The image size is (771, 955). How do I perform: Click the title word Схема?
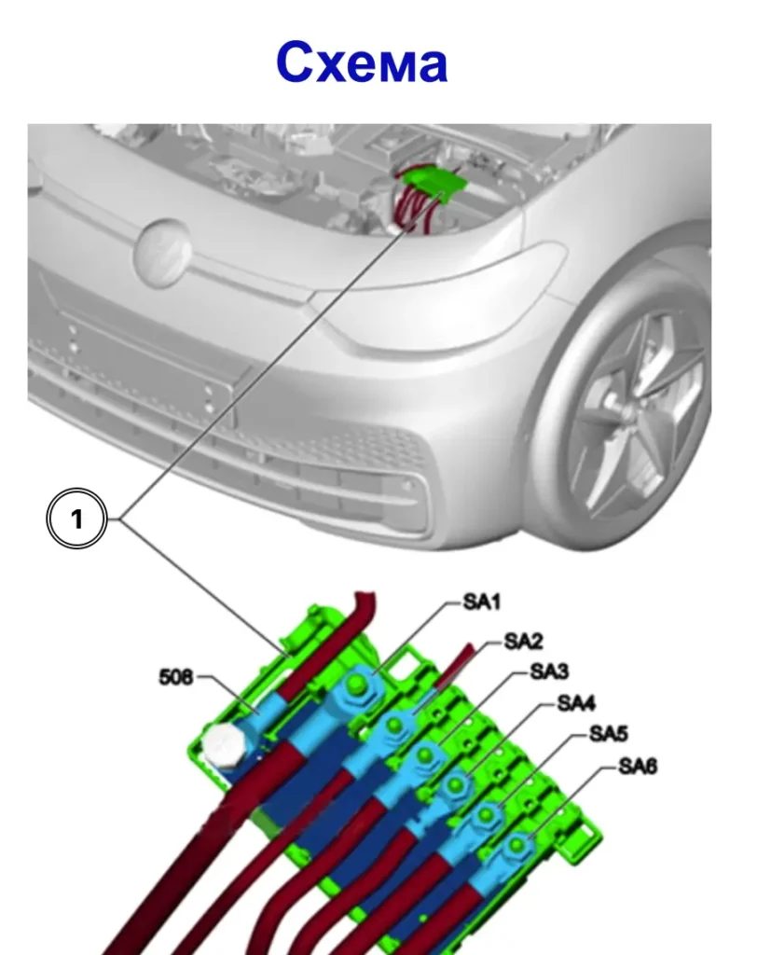point(362,63)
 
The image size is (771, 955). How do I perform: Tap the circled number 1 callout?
point(76,519)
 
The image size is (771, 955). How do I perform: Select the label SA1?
point(481,602)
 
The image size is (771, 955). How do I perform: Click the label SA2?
point(523,641)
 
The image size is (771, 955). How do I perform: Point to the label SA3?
point(549,671)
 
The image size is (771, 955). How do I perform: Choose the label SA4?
point(576,702)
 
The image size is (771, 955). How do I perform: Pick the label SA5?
point(608,734)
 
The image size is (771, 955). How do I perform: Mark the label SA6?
point(638,767)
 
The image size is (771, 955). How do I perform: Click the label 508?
point(175,677)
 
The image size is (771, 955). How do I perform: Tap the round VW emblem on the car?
point(163,252)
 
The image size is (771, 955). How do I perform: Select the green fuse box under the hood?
point(435,180)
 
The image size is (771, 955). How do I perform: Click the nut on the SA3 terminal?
point(425,755)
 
